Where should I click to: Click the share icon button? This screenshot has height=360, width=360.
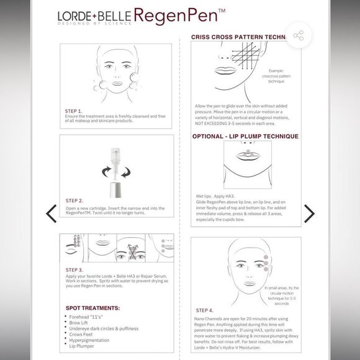click(299, 37)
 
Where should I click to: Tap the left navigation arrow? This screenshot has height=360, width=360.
click(52, 214)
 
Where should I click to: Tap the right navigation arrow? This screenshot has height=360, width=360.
click(308, 214)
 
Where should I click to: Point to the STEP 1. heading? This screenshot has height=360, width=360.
click(73, 111)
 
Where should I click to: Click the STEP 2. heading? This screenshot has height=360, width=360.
click(74, 201)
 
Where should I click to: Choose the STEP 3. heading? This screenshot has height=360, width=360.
click(74, 270)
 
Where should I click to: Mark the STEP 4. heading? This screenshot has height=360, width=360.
click(205, 310)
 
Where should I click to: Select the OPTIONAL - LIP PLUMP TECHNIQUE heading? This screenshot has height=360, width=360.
click(245, 136)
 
